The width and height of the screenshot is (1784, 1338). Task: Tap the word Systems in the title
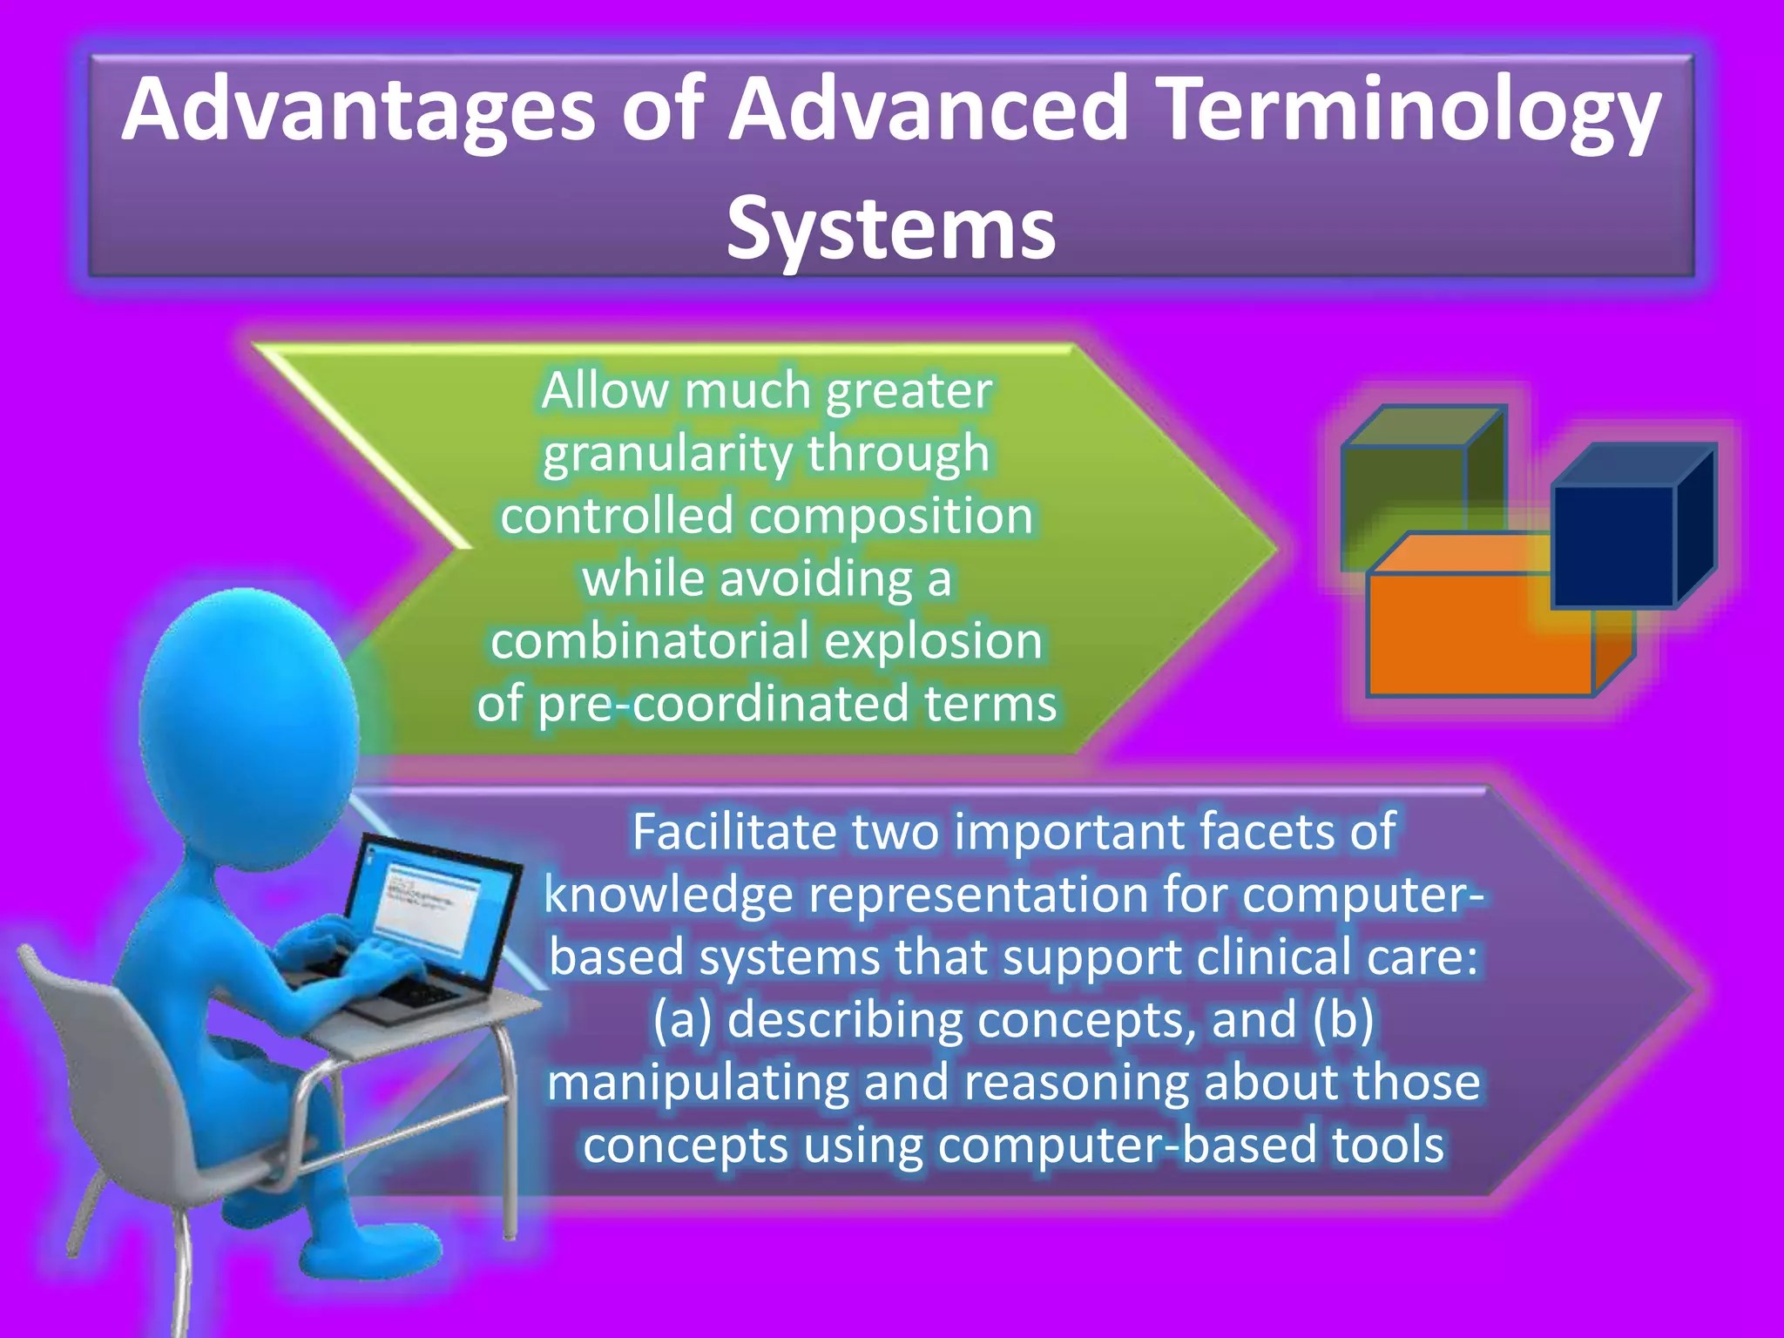click(x=890, y=228)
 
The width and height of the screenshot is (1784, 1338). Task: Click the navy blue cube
click(x=1613, y=544)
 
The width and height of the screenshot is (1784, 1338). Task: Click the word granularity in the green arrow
click(x=669, y=453)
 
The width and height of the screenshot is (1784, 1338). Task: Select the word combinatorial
click(x=650, y=641)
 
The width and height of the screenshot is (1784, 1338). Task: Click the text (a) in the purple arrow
click(x=682, y=1019)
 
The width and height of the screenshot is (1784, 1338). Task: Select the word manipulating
click(x=697, y=1083)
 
